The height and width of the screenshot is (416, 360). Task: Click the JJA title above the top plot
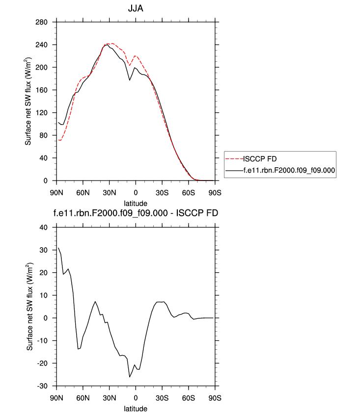point(136,8)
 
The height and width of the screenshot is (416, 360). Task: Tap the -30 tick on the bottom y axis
point(46,386)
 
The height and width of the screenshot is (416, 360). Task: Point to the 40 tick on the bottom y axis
point(48,227)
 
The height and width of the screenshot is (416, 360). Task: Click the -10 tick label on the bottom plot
point(46,340)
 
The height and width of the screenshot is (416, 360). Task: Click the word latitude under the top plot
point(136,202)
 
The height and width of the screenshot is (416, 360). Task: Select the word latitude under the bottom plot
point(136,408)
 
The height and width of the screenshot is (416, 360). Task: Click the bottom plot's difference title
point(136,213)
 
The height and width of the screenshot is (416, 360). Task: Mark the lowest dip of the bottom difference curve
point(130,377)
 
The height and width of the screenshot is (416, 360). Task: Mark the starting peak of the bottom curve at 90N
point(58,248)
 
